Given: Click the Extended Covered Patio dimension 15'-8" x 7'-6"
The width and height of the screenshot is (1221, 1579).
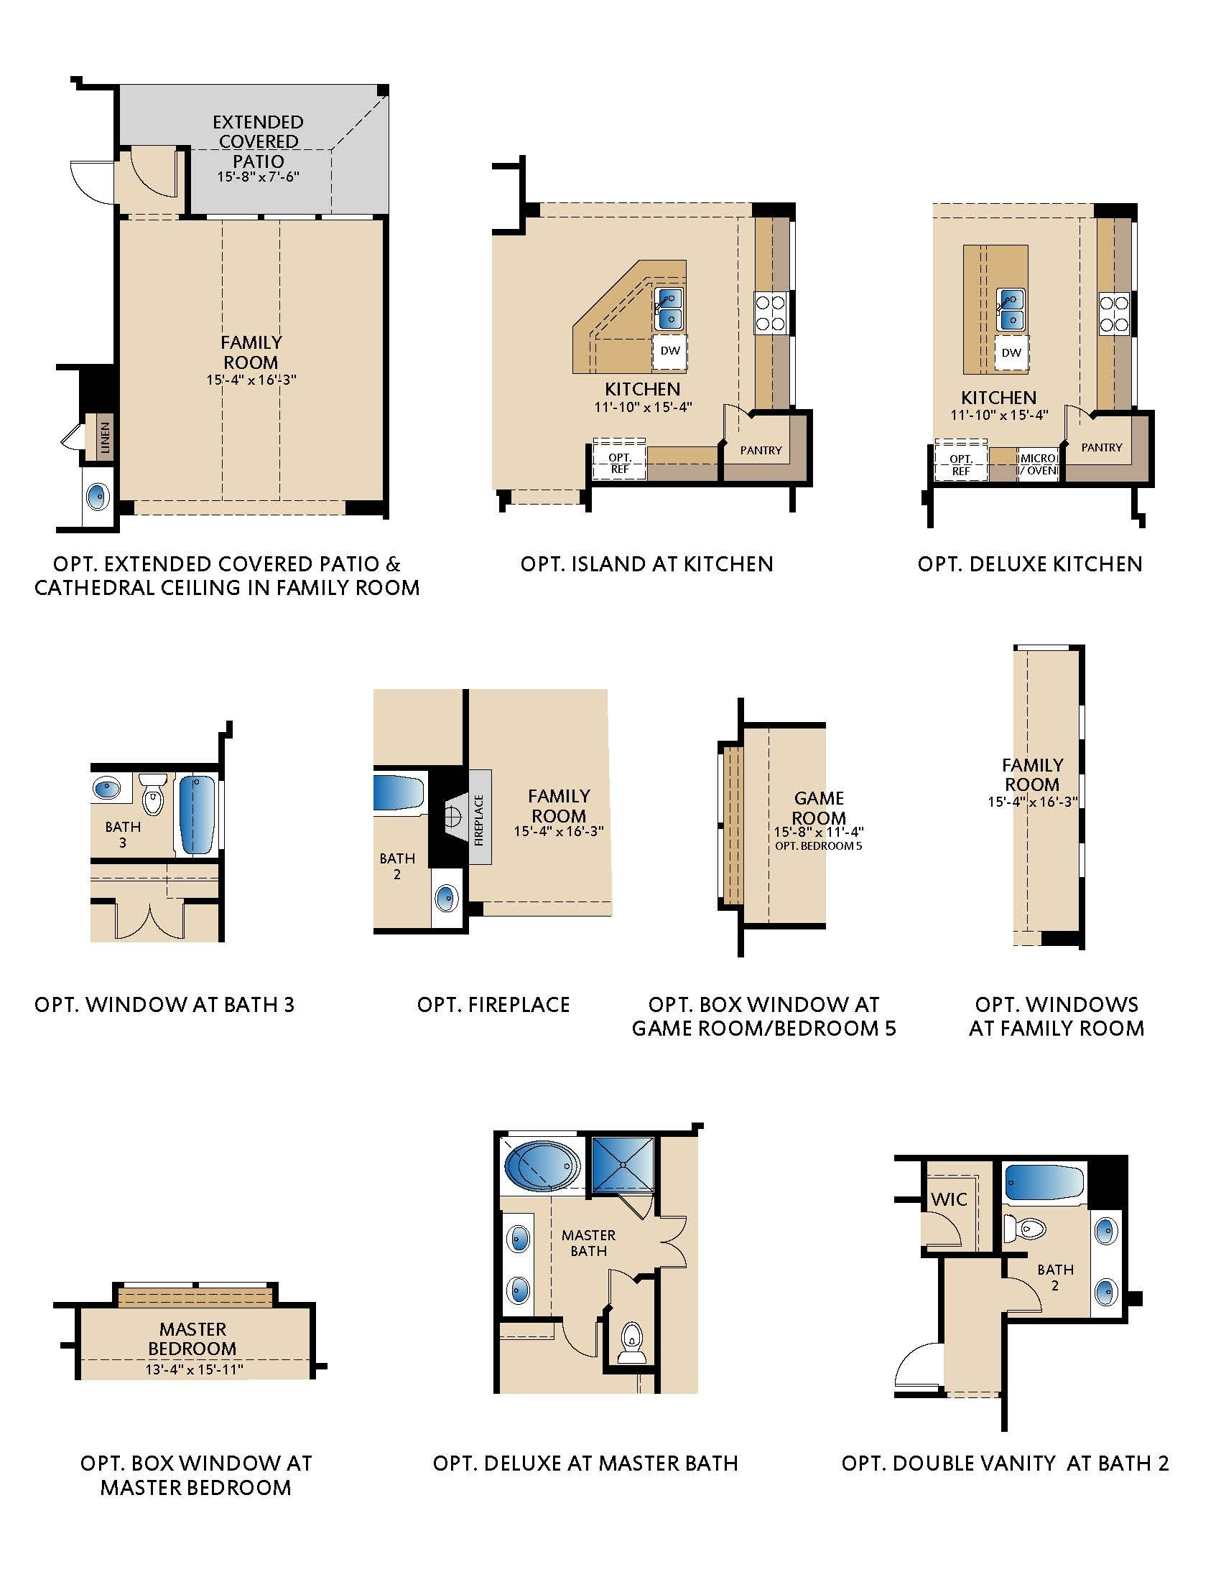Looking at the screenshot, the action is point(259,177).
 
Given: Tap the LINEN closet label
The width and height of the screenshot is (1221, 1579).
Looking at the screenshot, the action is point(106,437).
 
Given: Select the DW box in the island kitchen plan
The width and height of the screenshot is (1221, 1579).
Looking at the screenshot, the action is point(671,352).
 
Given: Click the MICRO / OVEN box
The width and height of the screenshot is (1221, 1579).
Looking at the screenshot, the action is point(1038,465).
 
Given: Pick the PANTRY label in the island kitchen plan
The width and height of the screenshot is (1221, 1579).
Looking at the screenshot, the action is point(761,450).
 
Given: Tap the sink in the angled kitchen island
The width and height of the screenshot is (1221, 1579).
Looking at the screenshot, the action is point(670,308).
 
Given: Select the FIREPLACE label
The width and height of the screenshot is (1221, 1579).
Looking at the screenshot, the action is point(479,820).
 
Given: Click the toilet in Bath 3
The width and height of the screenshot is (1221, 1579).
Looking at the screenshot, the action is point(152,795).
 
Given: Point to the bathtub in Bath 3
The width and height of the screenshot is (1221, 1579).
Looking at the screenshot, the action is point(196,814).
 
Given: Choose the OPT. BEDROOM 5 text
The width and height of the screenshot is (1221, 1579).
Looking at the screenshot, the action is point(818,845).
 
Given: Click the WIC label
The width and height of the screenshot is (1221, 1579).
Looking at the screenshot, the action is point(949,1199).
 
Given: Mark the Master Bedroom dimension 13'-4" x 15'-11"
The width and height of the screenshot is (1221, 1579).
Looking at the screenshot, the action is point(194,1369).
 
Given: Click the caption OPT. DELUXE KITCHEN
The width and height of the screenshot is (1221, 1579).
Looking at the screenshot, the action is point(1030,564).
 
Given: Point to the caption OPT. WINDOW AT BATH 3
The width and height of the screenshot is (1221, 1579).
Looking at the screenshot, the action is point(165,1004).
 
